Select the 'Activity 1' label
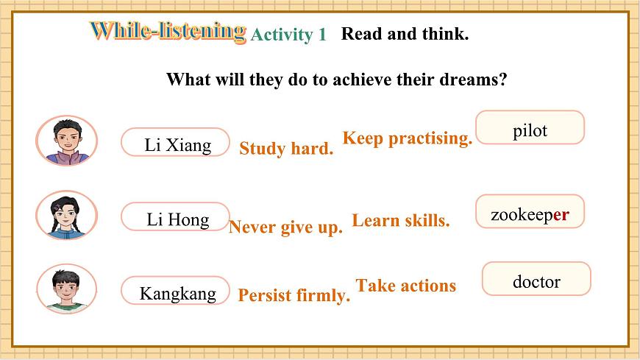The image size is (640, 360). pos(288,35)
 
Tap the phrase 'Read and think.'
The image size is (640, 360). pos(405,34)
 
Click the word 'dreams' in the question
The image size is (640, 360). pos(469,79)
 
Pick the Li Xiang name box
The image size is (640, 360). pos(175,144)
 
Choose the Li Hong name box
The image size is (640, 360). pos(175,219)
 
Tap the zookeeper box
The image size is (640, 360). pos(530,214)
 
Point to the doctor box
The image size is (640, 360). pos(536,281)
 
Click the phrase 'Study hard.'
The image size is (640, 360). pos(286,149)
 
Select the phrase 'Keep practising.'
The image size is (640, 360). pos(407,138)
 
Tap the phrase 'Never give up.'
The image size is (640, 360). pos(285,227)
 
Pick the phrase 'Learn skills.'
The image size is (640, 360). pos(401,220)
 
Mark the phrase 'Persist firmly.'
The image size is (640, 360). pos(294,295)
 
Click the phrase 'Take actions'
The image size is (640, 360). pos(406,286)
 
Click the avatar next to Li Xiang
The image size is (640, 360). pos(66,140)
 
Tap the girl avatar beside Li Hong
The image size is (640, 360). pos(66,214)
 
